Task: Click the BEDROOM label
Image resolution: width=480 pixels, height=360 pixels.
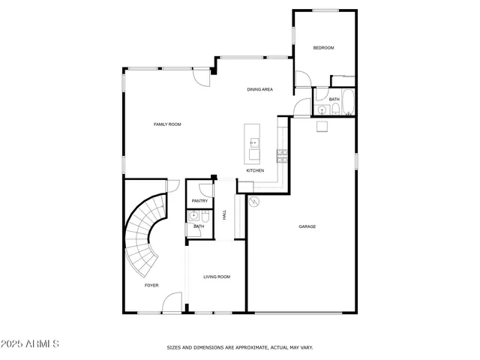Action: click(323, 48)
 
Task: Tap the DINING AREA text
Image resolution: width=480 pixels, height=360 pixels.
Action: click(259, 90)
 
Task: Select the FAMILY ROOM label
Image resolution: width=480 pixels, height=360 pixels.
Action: click(167, 124)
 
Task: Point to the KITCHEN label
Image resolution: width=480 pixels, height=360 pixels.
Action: click(255, 170)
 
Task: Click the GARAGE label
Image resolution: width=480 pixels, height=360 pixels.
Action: click(307, 226)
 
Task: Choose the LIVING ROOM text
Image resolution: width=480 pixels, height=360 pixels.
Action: click(217, 277)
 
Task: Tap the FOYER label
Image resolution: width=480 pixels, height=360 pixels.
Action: click(151, 286)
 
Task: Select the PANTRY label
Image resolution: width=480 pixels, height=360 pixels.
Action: click(199, 201)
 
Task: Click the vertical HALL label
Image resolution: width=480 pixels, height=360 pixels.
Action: click(224, 215)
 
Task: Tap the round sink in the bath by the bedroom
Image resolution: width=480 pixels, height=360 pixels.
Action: click(322, 110)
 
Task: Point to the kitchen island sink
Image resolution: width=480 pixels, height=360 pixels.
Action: click(253, 141)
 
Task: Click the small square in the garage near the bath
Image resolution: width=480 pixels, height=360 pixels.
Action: click(322, 126)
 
